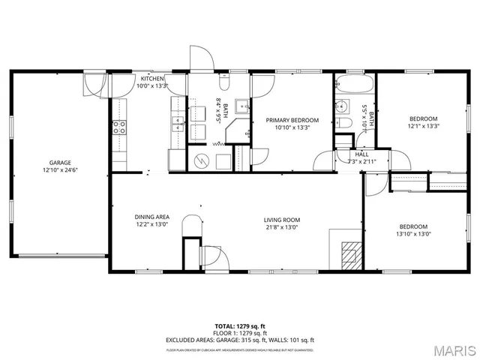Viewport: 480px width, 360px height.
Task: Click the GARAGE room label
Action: pos(61,162)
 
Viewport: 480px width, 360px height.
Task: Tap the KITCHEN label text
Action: pos(152,78)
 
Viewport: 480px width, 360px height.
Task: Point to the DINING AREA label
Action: pos(152,217)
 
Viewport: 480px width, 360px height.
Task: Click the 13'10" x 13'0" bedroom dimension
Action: pos(413,234)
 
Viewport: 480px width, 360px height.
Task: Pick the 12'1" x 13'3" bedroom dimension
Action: pos(423,126)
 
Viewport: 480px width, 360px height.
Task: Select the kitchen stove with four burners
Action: pos(119,127)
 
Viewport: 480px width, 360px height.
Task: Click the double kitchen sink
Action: pos(178,124)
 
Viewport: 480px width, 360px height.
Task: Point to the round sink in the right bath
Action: pos(340,105)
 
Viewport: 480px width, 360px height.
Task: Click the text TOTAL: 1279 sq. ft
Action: pos(239,325)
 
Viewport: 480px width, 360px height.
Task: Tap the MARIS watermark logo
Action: pos(453,350)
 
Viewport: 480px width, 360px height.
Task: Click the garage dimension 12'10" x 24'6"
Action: pos(61,169)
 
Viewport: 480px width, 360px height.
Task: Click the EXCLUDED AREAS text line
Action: pos(239,340)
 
